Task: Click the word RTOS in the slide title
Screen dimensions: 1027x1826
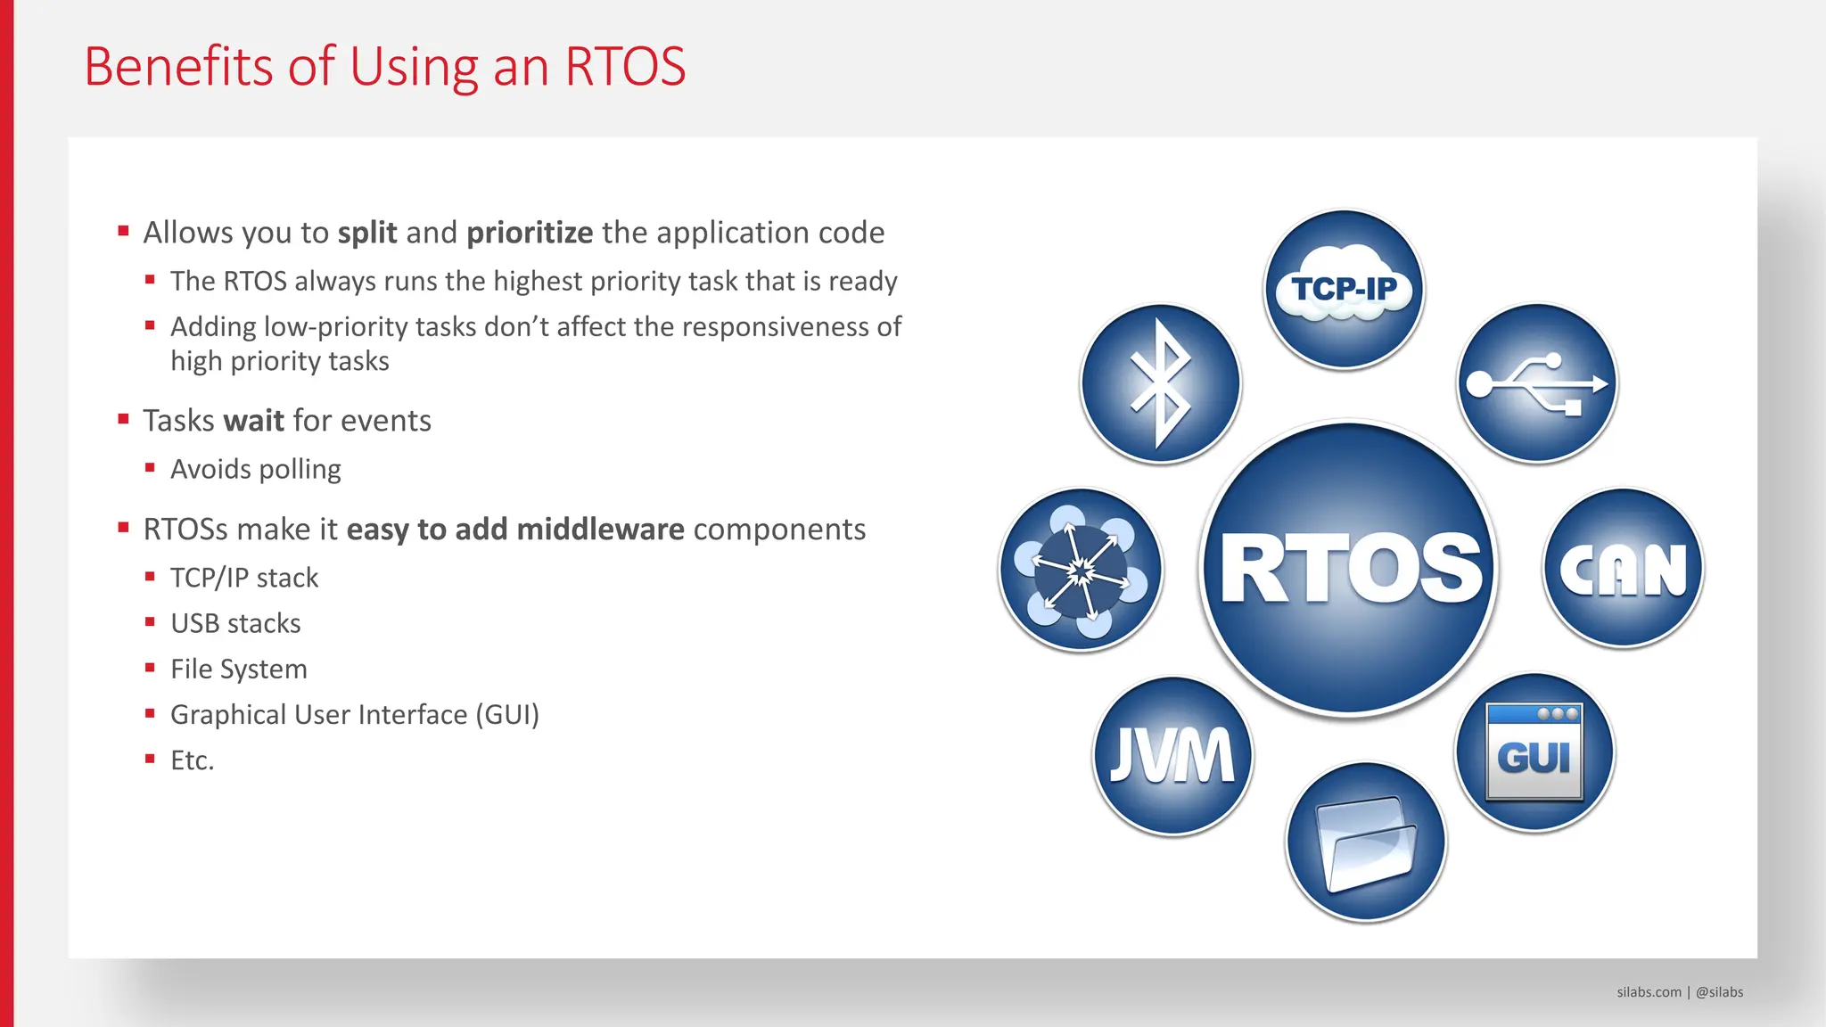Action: click(x=625, y=67)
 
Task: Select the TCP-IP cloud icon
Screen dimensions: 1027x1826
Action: click(x=1344, y=289)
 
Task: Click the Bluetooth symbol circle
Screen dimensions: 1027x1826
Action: click(x=1160, y=383)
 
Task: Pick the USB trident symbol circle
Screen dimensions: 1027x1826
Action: click(x=1537, y=383)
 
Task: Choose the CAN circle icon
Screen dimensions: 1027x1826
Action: click(x=1623, y=568)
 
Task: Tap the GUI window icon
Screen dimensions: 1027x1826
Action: click(x=1534, y=752)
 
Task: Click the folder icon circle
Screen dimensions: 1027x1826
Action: click(x=1365, y=842)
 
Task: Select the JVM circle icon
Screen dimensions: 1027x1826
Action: click(x=1172, y=755)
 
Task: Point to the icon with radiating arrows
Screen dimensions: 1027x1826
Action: click(x=1081, y=570)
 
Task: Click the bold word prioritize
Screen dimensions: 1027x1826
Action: click(x=530, y=233)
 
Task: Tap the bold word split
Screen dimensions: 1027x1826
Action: click(x=366, y=233)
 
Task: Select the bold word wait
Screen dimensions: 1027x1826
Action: click(x=253, y=421)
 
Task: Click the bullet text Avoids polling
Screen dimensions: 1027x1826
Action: click(x=255, y=469)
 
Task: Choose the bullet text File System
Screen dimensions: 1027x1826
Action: click(x=238, y=669)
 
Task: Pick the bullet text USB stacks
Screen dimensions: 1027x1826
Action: click(x=235, y=623)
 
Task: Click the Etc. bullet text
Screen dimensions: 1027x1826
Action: click(x=192, y=760)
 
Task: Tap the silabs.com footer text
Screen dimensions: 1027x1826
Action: click(x=1649, y=992)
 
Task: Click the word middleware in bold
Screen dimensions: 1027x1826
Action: click(x=600, y=530)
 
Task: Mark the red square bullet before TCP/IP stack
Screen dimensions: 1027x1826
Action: click(x=150, y=577)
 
